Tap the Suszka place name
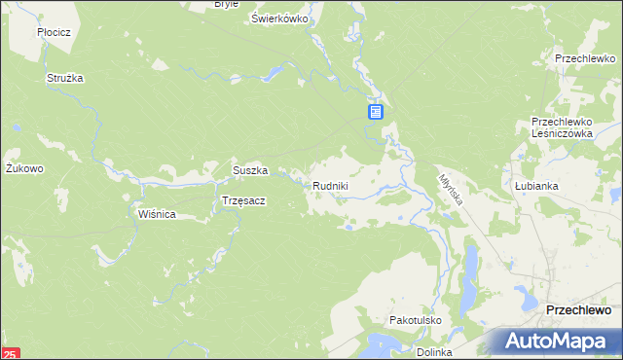point(249,170)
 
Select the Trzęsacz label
point(243,200)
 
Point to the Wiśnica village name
point(157,214)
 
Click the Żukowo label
point(24,168)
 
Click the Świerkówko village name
point(279,18)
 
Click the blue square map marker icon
point(376,113)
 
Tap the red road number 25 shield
point(10,353)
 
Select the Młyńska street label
point(449,188)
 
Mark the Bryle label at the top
point(227,4)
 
